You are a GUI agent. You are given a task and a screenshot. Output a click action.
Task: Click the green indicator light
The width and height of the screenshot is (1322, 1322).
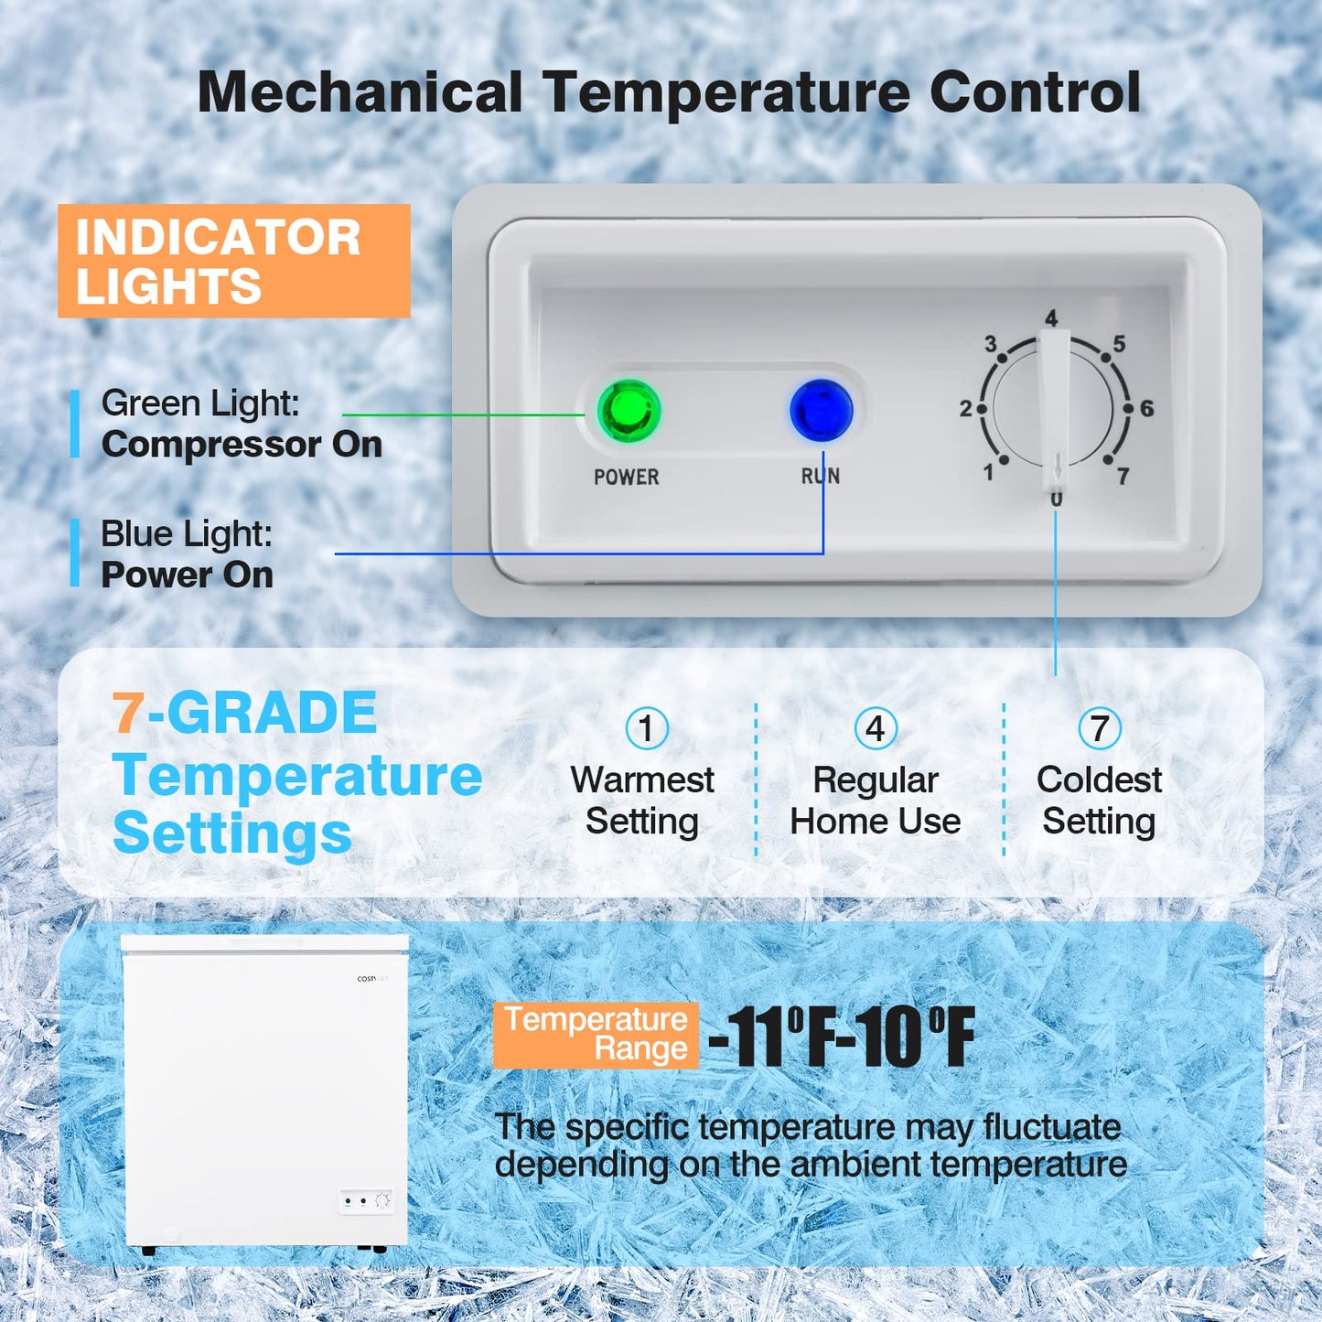629,411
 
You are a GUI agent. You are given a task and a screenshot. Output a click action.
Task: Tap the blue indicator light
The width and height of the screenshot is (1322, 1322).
822,411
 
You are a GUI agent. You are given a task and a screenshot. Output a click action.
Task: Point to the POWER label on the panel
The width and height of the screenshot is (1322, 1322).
626,477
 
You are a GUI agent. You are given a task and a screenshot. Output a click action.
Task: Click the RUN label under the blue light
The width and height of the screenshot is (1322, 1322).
820,476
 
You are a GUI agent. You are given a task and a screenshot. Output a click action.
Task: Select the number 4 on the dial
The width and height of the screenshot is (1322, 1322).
1051,318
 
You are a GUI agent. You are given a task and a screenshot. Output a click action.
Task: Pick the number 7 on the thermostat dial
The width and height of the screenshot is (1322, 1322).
1123,476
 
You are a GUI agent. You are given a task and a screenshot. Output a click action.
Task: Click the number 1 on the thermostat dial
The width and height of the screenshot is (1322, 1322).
988,472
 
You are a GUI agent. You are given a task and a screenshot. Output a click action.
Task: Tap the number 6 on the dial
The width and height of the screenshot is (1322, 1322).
1146,409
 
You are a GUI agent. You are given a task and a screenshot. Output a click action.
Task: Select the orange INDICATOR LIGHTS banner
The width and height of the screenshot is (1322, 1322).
233,262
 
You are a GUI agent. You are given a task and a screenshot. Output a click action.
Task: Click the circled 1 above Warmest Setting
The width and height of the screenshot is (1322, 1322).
647,729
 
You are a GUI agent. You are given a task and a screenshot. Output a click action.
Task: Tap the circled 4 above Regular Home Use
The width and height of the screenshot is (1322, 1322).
876,729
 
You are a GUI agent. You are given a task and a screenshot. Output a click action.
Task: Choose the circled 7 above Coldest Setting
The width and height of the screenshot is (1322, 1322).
1099,729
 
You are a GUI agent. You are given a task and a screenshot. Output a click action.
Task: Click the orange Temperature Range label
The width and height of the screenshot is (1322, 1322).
596,1035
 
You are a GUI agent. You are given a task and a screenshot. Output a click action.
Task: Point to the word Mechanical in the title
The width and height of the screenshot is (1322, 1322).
360,92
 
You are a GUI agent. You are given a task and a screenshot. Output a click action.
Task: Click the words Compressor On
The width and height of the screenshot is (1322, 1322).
242,445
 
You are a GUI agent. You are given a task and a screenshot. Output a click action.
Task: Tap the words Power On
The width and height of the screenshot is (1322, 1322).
187,575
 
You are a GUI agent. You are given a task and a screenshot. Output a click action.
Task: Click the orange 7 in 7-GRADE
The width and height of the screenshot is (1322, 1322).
127,713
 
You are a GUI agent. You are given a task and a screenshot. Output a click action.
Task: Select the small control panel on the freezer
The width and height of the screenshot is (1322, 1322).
366,1201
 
